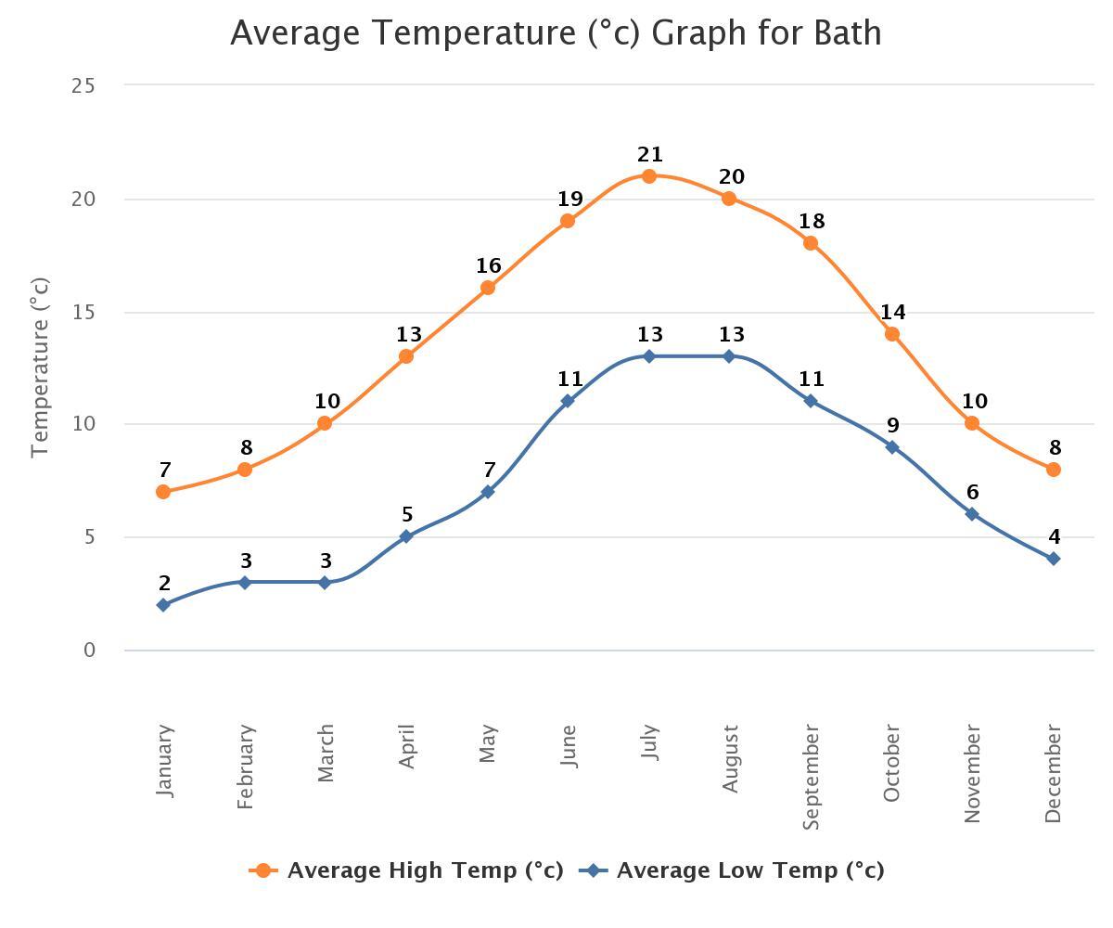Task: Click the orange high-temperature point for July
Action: tap(649, 176)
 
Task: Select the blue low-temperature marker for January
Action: tap(164, 605)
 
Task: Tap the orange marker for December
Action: tap(1054, 470)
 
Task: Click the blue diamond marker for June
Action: tap(568, 401)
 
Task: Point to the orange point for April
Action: tap(406, 356)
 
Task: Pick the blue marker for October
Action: tap(892, 447)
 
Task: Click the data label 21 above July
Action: tap(650, 155)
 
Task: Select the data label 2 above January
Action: tap(165, 584)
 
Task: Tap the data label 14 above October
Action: tap(893, 313)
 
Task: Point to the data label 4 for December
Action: tap(1055, 537)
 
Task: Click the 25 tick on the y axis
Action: tap(83, 86)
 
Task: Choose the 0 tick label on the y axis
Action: tap(89, 651)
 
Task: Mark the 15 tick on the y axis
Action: tap(83, 313)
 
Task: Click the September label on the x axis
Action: tap(811, 778)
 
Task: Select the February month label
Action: tap(245, 767)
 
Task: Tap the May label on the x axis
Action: tap(489, 744)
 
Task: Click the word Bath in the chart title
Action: tap(847, 33)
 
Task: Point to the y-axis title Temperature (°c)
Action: tap(39, 367)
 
